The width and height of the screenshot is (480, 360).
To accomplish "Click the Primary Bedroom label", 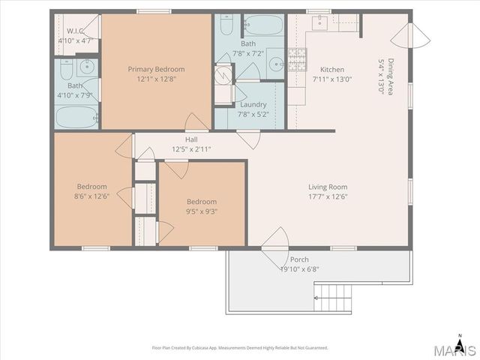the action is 156,70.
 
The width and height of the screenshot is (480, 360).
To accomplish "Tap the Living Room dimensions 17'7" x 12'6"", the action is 328,196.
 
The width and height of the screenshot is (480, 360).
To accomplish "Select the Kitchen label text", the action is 332,70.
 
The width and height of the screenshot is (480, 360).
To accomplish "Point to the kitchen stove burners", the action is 297,60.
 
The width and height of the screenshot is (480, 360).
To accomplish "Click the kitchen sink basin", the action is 320,23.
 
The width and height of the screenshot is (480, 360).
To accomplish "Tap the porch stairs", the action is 333,297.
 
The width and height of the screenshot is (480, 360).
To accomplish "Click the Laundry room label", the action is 253,105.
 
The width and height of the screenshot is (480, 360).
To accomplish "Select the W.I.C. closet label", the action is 75,31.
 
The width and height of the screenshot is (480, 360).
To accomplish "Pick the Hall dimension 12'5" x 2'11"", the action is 191,149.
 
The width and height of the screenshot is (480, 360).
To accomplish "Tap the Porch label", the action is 299,259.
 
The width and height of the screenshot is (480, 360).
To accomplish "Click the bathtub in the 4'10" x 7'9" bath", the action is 77,117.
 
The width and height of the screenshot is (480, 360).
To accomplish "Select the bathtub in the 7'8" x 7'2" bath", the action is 264,25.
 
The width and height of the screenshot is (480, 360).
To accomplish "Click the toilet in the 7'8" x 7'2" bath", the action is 226,25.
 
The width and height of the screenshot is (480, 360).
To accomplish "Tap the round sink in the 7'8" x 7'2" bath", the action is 277,64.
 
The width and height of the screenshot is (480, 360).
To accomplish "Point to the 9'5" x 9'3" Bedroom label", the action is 202,202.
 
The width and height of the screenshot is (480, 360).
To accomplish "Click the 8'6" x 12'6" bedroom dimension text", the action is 91,196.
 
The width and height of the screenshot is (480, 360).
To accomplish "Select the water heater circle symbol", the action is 223,73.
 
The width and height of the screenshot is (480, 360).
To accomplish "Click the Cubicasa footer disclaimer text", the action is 240,348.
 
